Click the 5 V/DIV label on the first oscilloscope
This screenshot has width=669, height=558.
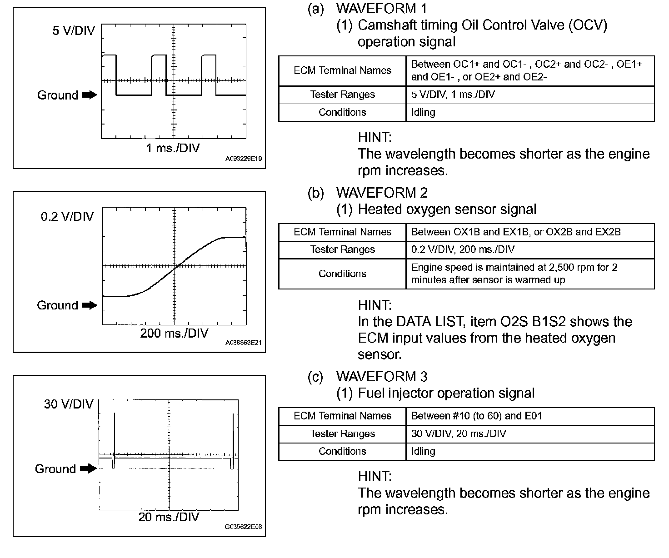(x=74, y=31)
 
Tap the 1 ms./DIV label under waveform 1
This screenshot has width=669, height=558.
(x=173, y=148)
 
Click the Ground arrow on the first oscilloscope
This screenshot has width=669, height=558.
(x=90, y=95)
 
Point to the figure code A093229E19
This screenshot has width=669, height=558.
(x=244, y=159)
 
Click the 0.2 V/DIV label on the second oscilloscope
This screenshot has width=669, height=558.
(x=67, y=216)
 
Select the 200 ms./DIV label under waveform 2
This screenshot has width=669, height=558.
(x=174, y=334)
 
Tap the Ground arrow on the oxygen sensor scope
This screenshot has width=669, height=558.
(x=90, y=305)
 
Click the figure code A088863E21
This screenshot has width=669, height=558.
(x=244, y=343)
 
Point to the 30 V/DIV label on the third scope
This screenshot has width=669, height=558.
(x=69, y=404)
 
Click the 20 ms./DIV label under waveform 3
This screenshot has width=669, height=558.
(x=169, y=517)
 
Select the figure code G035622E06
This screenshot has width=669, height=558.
(x=244, y=527)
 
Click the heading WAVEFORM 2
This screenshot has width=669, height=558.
(x=382, y=193)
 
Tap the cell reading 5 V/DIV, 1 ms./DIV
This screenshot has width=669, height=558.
(x=453, y=95)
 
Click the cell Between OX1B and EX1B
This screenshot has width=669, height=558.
(x=516, y=232)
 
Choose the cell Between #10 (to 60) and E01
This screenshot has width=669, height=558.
(x=476, y=416)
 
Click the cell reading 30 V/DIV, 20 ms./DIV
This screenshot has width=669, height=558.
(x=459, y=433)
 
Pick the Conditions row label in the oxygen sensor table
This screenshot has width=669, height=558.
(x=342, y=274)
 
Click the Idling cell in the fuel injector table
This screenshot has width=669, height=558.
(x=423, y=451)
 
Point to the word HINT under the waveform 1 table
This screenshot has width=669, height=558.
(x=374, y=137)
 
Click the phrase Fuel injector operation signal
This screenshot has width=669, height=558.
(x=446, y=393)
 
